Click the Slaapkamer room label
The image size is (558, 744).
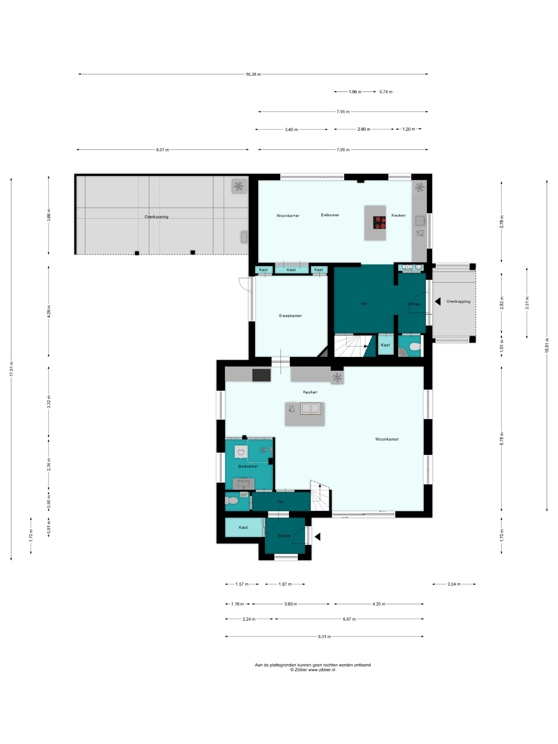click(290, 315)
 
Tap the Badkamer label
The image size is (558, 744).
click(248, 466)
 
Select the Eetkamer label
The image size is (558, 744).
click(330, 215)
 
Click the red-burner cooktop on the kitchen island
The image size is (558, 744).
click(379, 223)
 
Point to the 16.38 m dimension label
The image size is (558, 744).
click(253, 74)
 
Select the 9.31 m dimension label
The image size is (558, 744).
click(324, 636)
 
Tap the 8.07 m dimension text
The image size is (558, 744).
click(162, 150)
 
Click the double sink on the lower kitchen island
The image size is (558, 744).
click(310, 408)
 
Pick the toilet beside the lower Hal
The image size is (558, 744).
click(231, 501)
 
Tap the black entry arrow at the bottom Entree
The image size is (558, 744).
click(317, 537)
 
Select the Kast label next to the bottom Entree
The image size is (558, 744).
click(243, 527)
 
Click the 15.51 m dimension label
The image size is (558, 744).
click(547, 345)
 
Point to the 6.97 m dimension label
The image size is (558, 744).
click(349, 619)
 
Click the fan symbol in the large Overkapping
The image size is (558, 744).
click(239, 186)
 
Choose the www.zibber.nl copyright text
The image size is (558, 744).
click(313, 670)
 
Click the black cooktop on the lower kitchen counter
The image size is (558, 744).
click(261, 375)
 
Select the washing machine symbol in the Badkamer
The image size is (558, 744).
click(241, 451)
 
